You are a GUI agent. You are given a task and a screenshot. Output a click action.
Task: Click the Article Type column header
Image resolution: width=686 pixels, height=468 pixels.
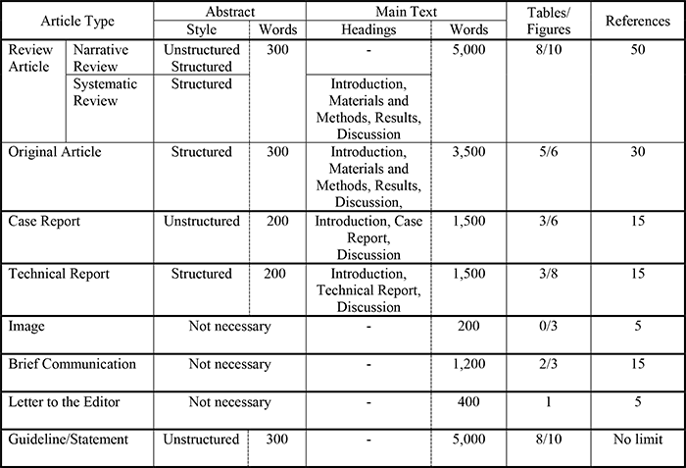tap(77, 20)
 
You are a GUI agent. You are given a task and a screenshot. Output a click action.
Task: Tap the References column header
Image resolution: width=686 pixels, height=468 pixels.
tap(637, 20)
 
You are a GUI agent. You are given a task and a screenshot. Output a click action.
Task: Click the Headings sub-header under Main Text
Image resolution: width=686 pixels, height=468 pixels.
tap(367, 29)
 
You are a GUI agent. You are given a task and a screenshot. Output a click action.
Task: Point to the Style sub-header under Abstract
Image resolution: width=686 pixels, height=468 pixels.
tap(200, 29)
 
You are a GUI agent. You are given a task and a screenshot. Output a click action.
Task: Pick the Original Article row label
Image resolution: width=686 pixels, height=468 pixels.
tap(55, 153)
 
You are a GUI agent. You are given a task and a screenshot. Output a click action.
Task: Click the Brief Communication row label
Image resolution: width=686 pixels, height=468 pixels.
tap(72, 364)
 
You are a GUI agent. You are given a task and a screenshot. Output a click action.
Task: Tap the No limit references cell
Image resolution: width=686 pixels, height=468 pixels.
tap(637, 439)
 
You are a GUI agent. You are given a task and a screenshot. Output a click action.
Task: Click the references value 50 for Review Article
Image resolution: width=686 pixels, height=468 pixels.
tap(637, 48)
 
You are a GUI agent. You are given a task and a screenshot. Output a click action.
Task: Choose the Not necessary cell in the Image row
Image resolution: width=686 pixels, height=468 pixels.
tap(229, 327)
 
